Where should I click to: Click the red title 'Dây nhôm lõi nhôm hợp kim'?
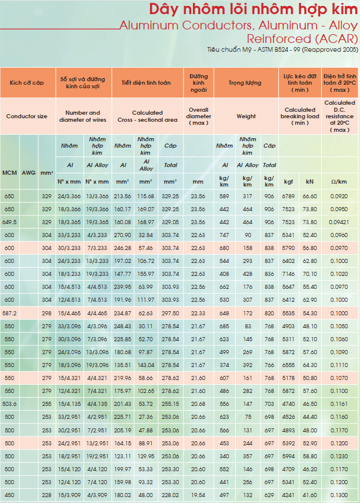pos(253,9)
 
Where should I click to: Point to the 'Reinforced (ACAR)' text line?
pos(302,39)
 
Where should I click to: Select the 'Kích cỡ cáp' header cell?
pos(26,83)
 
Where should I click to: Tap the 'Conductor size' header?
pos(26,116)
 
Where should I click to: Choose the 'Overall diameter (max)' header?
pos(199,116)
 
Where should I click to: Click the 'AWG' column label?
pos(29,173)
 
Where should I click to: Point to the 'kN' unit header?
pos(309,182)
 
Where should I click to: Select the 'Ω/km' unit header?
pos(339,182)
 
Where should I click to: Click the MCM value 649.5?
pos(9,222)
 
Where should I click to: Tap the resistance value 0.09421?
pos(339,222)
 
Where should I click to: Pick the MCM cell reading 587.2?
pos(9,313)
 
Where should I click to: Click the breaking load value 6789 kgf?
pos(288,196)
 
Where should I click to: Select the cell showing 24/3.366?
pos(69,196)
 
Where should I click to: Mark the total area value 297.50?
pos(171,313)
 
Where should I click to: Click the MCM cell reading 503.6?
pos(9,404)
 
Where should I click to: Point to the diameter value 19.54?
pos(198,495)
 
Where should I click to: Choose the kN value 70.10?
pos(309,274)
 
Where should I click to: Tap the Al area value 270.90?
pos(122,235)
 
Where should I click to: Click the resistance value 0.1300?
pos(339,495)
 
